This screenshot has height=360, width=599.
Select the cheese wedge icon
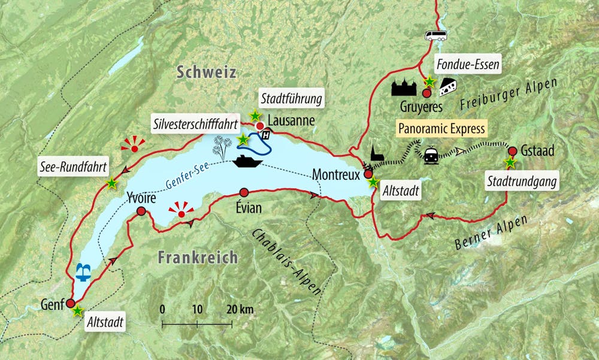pyautogui.click(x=448, y=87)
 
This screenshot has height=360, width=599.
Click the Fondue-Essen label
pyautogui.click(x=468, y=64)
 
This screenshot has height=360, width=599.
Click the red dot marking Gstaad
pyautogui.click(x=512, y=150)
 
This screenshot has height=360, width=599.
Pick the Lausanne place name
pyautogui.click(x=291, y=120)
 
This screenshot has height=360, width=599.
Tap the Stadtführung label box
pyautogui.click(x=291, y=98)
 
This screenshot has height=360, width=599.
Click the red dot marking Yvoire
pyautogui.click(x=141, y=211)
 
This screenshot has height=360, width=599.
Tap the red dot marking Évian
pyautogui.click(x=243, y=192)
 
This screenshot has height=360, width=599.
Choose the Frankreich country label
pyautogui.click(x=198, y=258)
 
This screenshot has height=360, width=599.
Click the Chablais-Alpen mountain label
pyautogui.click(x=286, y=261)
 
